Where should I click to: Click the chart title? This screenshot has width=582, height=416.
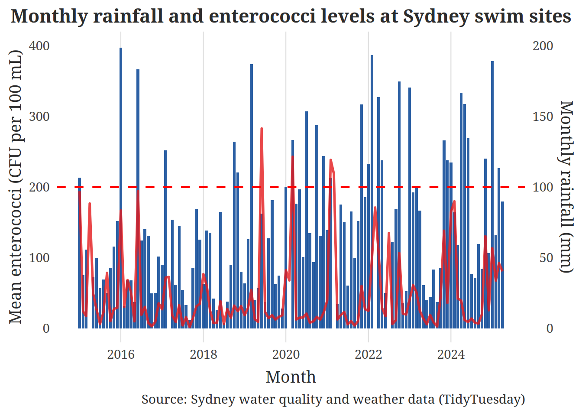(291, 16)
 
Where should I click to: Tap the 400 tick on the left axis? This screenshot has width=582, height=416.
(39, 46)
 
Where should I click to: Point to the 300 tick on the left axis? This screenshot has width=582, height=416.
(39, 117)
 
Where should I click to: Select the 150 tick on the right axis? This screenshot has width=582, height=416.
(543, 117)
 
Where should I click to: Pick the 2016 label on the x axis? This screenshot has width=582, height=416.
(121, 354)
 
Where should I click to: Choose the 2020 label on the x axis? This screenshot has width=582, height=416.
(286, 354)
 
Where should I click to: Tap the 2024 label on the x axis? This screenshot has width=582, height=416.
(451, 354)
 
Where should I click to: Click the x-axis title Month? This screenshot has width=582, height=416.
(291, 377)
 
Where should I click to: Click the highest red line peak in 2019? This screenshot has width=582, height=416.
(262, 129)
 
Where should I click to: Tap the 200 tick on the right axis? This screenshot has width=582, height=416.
(543, 46)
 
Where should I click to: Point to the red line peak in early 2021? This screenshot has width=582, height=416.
(331, 160)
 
